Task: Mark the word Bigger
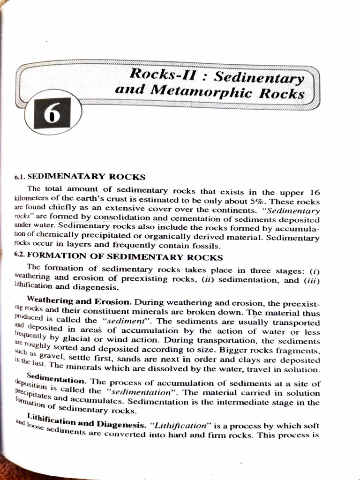pos(225,351)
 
